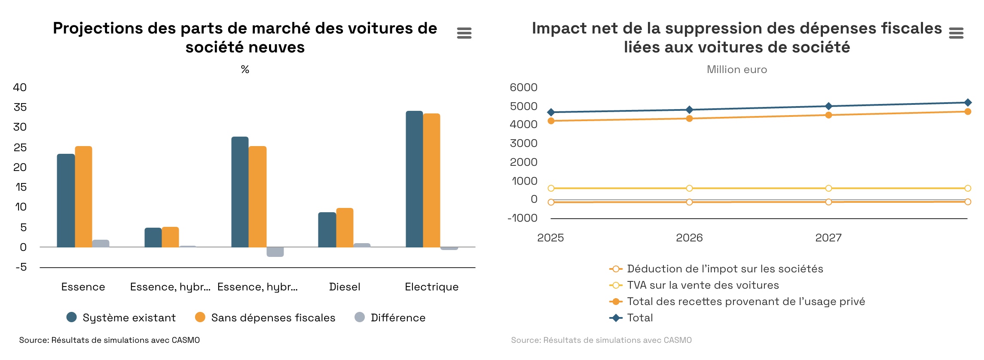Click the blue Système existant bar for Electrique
click(x=414, y=179)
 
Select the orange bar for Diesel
click(x=345, y=228)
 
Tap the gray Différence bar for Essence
click(x=101, y=243)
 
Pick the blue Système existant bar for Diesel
click(x=327, y=230)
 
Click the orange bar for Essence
click(x=83, y=197)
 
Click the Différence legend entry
click(x=390, y=317)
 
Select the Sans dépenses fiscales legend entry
click(x=265, y=317)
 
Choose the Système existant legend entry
click(x=122, y=317)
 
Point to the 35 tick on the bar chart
click(x=20, y=107)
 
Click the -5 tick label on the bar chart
click(x=21, y=267)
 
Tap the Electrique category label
click(x=431, y=287)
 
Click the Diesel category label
click(x=345, y=287)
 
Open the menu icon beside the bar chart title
click(x=464, y=33)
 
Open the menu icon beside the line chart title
click(x=956, y=33)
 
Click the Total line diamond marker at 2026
click(x=689, y=110)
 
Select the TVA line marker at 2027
click(x=828, y=188)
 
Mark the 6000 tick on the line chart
click(x=523, y=87)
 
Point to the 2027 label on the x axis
click(x=828, y=238)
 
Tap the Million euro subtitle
click(x=736, y=70)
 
